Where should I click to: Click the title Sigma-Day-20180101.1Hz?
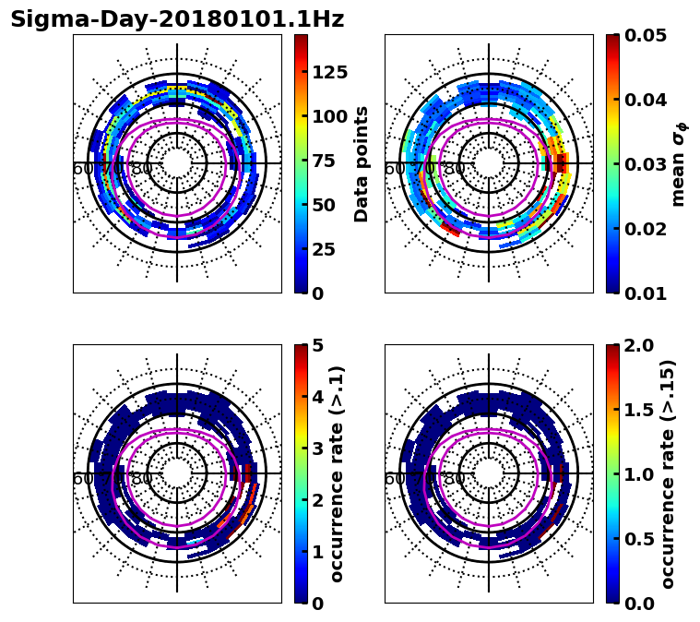(x=177, y=20)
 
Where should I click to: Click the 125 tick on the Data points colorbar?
(x=329, y=73)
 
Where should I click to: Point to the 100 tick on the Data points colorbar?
(x=329, y=116)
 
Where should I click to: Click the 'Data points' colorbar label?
(x=362, y=164)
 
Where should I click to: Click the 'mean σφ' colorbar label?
(x=679, y=164)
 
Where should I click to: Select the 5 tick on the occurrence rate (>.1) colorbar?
(x=318, y=345)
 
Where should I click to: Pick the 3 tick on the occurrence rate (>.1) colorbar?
(x=318, y=449)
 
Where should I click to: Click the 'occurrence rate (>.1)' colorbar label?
(x=338, y=474)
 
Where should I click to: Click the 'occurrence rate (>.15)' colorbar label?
(x=669, y=474)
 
